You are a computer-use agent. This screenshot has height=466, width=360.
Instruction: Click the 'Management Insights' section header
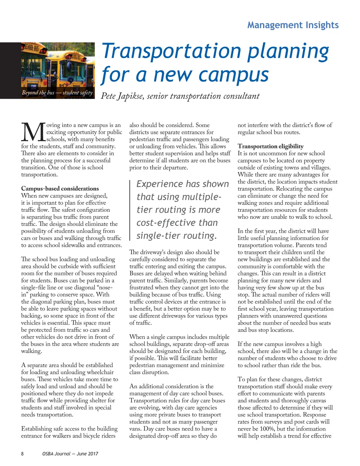point(293,25)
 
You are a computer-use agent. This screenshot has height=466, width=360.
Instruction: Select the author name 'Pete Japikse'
point(122,96)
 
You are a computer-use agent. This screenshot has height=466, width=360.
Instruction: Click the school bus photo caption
point(57,93)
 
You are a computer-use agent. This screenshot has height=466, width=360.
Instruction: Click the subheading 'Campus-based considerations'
point(60,189)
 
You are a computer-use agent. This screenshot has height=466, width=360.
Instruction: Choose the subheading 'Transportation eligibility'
point(270,146)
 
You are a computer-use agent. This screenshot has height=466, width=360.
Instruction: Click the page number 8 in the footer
point(22,454)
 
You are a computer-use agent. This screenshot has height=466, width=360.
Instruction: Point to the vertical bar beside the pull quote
point(130,210)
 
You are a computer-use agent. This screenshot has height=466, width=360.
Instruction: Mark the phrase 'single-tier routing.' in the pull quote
point(176,236)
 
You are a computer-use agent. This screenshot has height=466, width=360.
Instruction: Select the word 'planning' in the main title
point(288,51)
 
